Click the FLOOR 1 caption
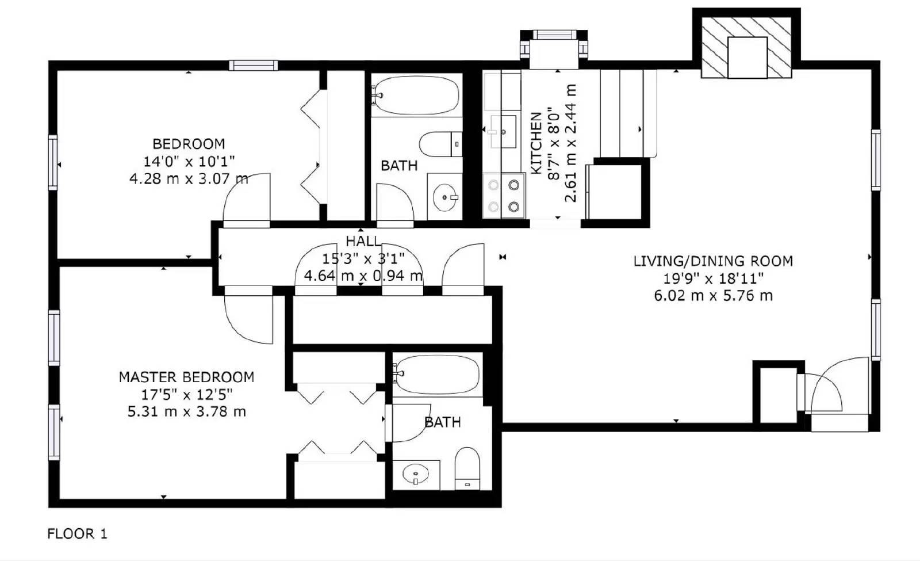coord(77,534)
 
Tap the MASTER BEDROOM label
coord(186,377)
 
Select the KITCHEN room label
coord(536,143)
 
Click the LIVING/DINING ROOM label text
coord(713,261)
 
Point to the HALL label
coord(363,241)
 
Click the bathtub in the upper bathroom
coord(416,96)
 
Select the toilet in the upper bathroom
coord(440,144)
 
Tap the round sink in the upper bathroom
coord(445,197)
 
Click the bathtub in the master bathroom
coord(437,375)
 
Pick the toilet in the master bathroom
coord(467,467)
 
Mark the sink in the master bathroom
coord(416,475)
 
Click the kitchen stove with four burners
coord(504,196)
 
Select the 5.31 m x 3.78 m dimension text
coord(186,412)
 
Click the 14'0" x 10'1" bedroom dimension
coord(189,161)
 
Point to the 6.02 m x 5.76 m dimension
coord(713,296)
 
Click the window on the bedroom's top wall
coord(253,65)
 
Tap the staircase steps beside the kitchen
coord(628,113)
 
